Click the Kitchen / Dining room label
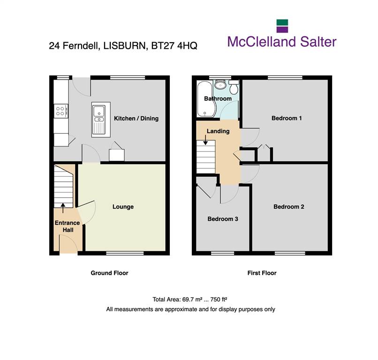pos(136,118)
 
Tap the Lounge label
pos(123,207)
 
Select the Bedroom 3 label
pos(223,219)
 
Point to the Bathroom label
pos(218,98)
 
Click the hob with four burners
pos(61,111)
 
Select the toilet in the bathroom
pos(234,87)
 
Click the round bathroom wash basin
pos(220,85)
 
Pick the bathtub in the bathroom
pos(204,98)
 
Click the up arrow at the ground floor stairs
pos(63,208)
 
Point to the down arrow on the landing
pos(205,140)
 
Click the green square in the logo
pos(282,22)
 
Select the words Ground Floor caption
pos(109,273)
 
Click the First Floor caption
pos(262,273)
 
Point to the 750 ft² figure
pos(219,299)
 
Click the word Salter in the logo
pos(318,42)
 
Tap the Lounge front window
pos(125,253)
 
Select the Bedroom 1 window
pos(285,78)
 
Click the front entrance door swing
pos(68,244)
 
